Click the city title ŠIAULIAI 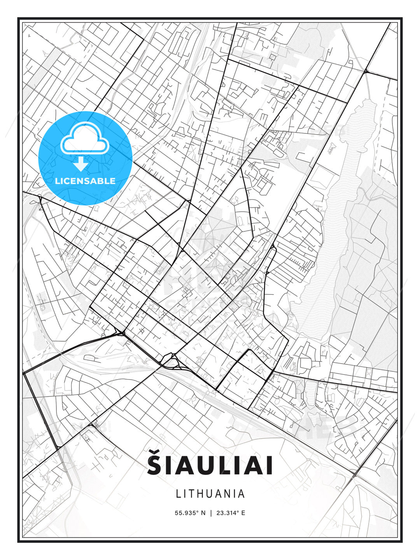(x=210, y=465)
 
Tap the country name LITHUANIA (x=210, y=493)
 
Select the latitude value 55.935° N (x=190, y=513)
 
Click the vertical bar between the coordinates (x=211, y=513)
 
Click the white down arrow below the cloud (x=81, y=164)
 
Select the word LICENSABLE (x=85, y=181)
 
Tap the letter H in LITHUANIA (x=201, y=493)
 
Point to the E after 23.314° (x=243, y=513)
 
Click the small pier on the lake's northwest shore (x=331, y=147)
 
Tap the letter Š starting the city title (x=156, y=465)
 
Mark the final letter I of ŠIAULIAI (x=268, y=466)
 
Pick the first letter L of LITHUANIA (x=178, y=493)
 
